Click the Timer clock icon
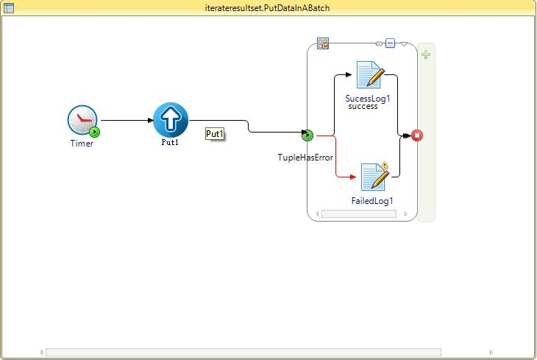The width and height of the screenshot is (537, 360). (x=82, y=120)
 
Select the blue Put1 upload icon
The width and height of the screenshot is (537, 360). (x=171, y=119)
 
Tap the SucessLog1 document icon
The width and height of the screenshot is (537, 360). (x=370, y=75)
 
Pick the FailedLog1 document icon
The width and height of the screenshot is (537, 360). (x=374, y=177)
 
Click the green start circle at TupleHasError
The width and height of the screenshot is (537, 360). (x=307, y=135)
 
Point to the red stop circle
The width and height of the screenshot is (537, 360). (x=417, y=135)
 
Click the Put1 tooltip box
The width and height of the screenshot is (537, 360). (x=215, y=134)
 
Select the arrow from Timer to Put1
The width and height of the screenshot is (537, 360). (x=127, y=120)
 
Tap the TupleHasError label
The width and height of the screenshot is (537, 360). (x=305, y=158)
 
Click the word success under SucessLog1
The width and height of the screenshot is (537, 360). (x=363, y=106)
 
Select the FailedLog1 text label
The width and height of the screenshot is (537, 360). (x=372, y=201)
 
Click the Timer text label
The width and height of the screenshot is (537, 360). (x=82, y=144)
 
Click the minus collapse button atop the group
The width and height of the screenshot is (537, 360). (x=390, y=43)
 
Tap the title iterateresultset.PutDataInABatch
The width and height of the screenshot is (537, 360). (x=268, y=7)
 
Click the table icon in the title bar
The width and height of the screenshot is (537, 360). (x=8, y=7)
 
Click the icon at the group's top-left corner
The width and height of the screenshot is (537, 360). (x=323, y=43)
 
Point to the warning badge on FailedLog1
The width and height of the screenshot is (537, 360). (x=384, y=166)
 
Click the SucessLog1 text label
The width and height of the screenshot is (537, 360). (x=367, y=98)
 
